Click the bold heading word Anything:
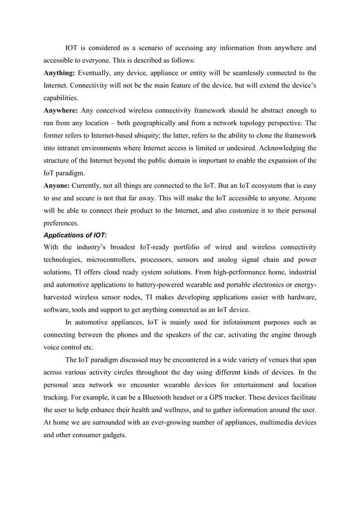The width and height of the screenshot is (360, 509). coord(59,73)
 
